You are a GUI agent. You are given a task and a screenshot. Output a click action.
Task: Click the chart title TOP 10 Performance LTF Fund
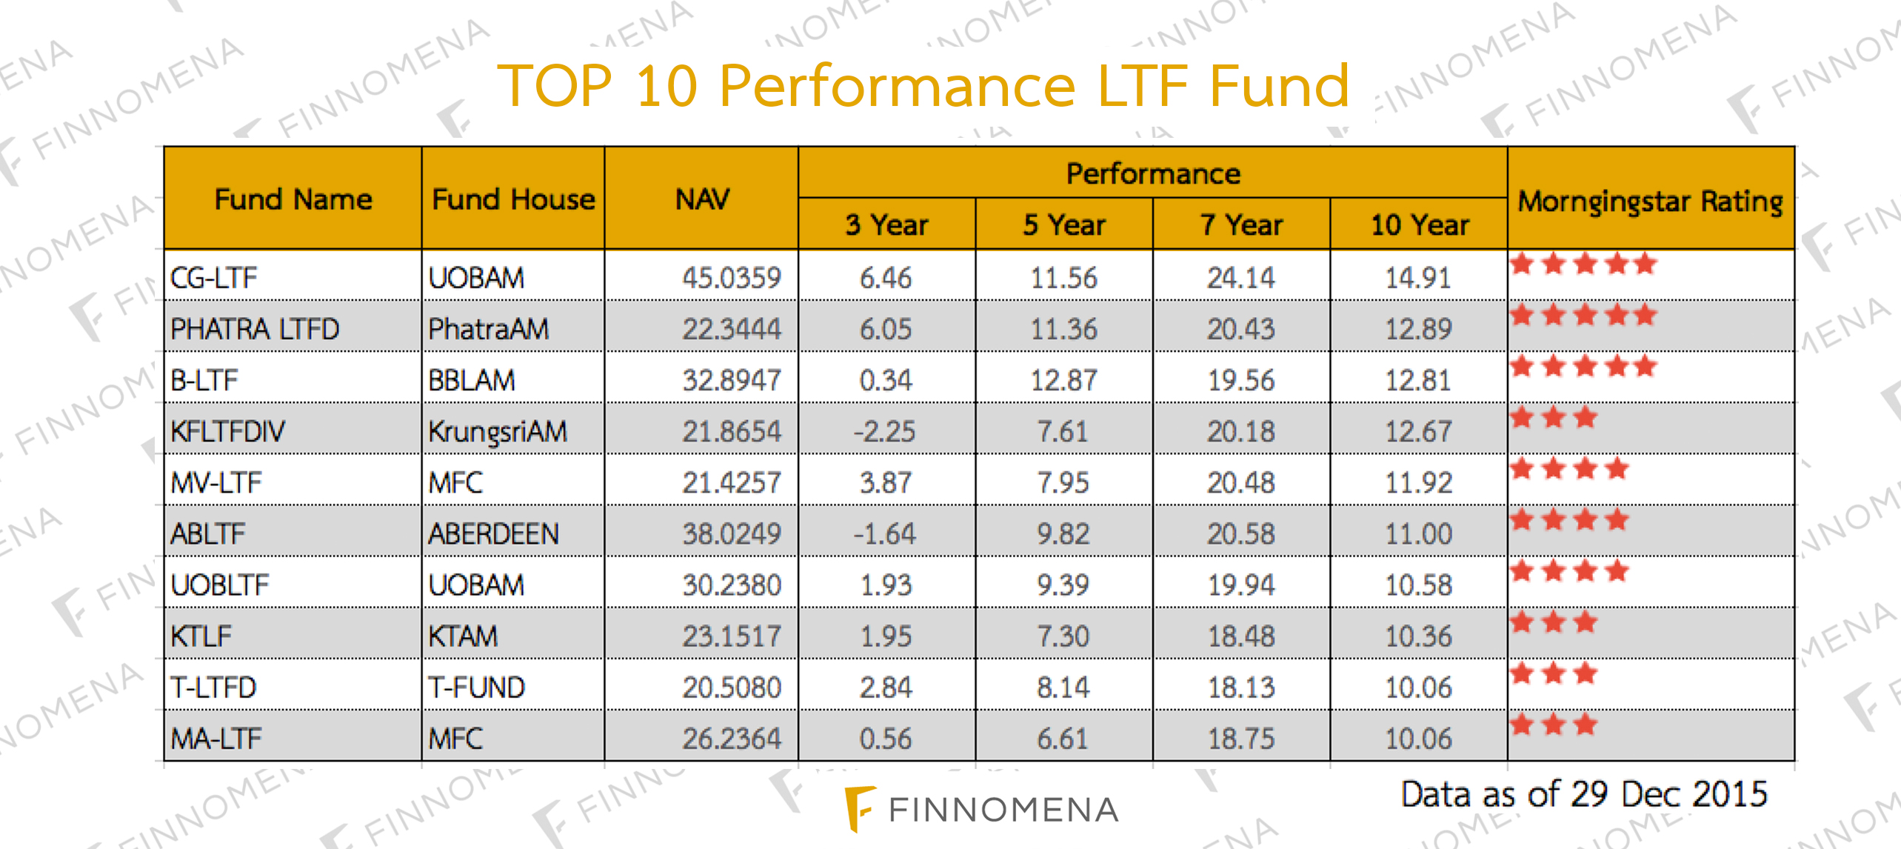click(x=923, y=86)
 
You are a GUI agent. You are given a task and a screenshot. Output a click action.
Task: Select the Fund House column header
click(x=513, y=199)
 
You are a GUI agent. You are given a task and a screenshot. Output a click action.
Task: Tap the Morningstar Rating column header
click(x=1650, y=201)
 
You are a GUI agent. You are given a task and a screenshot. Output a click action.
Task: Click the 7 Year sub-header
click(x=1241, y=224)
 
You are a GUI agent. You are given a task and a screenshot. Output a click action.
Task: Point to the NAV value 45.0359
click(x=731, y=278)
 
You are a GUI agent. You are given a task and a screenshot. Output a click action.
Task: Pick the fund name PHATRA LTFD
click(x=255, y=329)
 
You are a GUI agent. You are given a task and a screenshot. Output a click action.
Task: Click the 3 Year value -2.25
click(x=885, y=431)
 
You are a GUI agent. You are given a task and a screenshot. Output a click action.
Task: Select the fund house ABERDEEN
click(x=493, y=533)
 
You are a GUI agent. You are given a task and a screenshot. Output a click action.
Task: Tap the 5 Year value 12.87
click(x=1063, y=380)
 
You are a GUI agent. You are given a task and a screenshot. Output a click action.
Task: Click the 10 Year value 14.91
click(x=1418, y=278)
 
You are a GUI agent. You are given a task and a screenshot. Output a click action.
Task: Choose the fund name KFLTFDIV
click(x=227, y=431)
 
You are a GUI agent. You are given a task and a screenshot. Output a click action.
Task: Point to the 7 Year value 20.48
click(x=1241, y=482)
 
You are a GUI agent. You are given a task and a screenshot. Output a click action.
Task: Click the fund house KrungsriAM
click(x=498, y=431)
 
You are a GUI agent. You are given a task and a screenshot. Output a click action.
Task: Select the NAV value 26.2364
click(x=731, y=738)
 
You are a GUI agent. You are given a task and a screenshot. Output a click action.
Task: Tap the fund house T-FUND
click(x=476, y=687)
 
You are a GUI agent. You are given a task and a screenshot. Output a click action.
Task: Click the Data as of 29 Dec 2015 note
click(x=1584, y=793)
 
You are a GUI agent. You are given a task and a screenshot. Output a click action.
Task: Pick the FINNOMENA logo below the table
click(x=982, y=809)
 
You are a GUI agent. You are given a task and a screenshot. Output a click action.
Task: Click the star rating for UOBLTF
click(x=1569, y=571)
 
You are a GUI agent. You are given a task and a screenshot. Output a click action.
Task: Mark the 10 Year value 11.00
click(x=1418, y=533)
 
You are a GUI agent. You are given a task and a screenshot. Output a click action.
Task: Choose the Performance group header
click(x=1152, y=173)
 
